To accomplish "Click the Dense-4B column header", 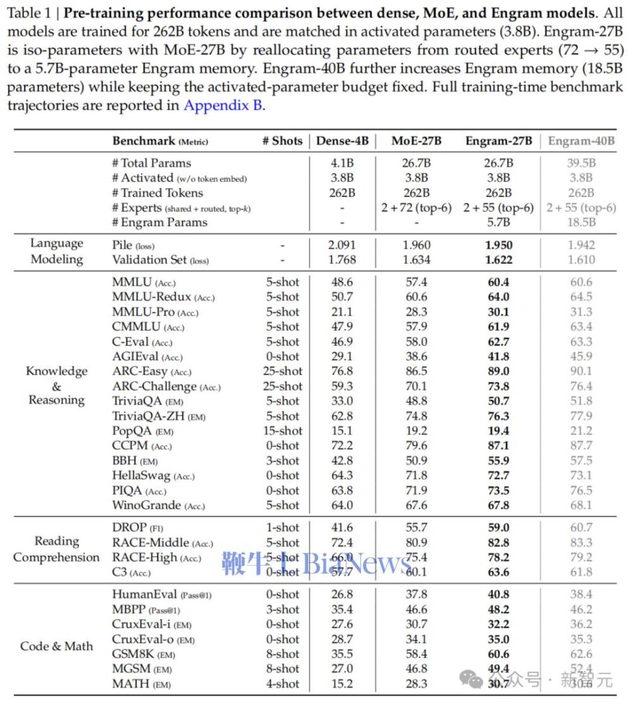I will point(342,141).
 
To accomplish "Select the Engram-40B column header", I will point(581,141).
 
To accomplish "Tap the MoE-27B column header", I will point(417,141).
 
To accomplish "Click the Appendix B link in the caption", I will point(222,106).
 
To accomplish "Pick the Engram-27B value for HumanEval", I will point(498,594).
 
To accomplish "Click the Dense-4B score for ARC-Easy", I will point(342,371).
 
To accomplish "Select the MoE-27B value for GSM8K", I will point(417,654).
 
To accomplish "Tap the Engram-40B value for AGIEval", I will point(580,357).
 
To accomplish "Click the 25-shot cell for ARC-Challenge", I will point(282,386).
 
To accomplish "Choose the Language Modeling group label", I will point(56,251).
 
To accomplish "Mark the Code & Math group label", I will point(56,646).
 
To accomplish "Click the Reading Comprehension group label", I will point(56,549).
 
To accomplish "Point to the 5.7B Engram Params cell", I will point(498,222).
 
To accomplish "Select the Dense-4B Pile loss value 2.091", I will point(342,245).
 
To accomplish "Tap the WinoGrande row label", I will point(158,505).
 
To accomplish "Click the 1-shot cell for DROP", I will point(282,528).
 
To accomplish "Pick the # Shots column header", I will point(282,141).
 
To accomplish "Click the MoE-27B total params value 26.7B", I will point(417,163).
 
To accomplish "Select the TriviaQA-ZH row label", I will point(159,416).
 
